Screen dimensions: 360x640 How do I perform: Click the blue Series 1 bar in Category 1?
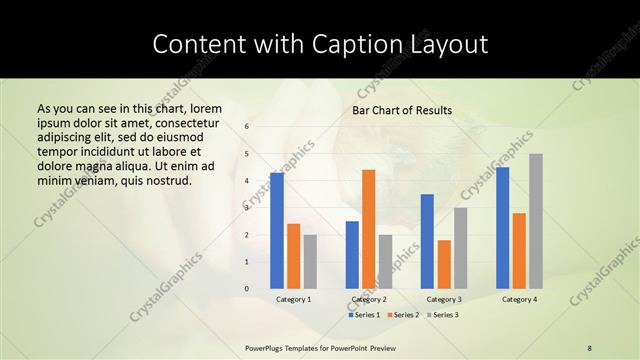(x=276, y=231)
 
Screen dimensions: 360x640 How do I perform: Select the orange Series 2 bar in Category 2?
(x=368, y=229)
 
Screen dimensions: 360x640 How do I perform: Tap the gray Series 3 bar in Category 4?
(x=536, y=221)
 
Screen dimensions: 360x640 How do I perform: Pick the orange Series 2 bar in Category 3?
(x=444, y=264)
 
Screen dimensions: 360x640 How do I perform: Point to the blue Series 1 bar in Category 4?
(x=502, y=228)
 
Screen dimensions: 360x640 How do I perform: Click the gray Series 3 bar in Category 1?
(x=310, y=262)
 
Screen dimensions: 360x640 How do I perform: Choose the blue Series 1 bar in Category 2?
(x=352, y=255)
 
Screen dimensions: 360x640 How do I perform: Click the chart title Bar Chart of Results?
(x=402, y=110)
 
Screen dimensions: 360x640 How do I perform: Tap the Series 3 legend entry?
(x=444, y=315)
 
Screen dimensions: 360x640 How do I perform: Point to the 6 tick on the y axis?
(x=246, y=127)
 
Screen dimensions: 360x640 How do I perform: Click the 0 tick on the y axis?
(x=246, y=289)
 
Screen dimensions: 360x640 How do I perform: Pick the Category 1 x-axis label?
(x=293, y=299)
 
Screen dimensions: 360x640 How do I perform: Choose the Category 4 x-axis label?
(x=519, y=299)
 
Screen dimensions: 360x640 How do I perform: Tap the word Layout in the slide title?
(x=449, y=45)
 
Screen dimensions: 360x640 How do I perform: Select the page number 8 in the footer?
(x=590, y=347)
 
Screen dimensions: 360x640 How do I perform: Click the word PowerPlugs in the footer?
(x=266, y=347)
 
